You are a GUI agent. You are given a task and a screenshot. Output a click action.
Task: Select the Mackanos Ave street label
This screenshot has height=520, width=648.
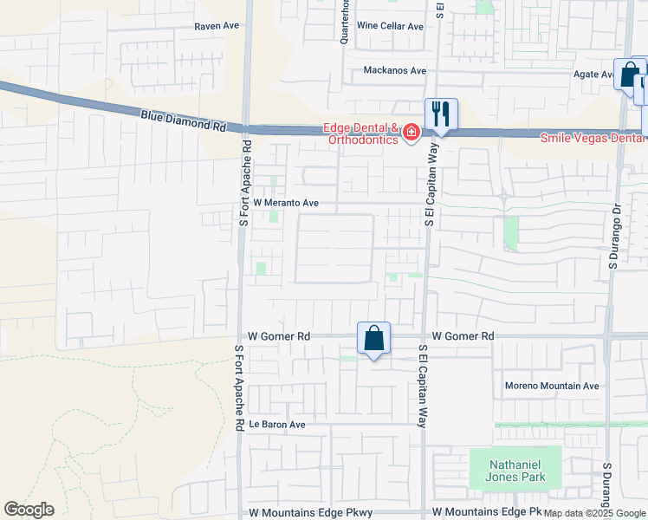(x=395, y=70)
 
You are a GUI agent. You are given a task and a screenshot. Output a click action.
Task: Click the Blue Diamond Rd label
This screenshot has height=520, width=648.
(x=183, y=120)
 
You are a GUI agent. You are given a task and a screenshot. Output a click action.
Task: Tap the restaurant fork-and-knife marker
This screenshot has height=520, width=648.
(x=441, y=114)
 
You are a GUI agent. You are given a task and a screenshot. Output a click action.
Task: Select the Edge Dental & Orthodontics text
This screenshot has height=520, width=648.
(x=360, y=134)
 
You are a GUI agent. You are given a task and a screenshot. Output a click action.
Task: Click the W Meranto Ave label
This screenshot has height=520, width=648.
(x=286, y=203)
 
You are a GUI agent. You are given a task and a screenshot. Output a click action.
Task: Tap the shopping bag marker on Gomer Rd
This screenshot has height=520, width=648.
(x=373, y=338)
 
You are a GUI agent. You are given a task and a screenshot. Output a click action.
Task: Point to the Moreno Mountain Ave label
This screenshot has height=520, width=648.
(x=552, y=386)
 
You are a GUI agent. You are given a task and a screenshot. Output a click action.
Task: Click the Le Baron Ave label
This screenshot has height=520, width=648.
(x=277, y=425)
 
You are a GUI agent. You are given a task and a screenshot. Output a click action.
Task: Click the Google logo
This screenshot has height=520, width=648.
(x=29, y=510)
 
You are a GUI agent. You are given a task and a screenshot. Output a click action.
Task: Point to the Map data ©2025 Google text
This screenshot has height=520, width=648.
(x=594, y=514)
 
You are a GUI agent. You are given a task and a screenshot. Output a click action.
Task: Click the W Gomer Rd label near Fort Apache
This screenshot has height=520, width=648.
(x=279, y=335)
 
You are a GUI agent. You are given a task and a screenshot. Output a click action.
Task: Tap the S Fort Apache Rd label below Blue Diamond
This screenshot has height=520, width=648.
(x=245, y=184)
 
